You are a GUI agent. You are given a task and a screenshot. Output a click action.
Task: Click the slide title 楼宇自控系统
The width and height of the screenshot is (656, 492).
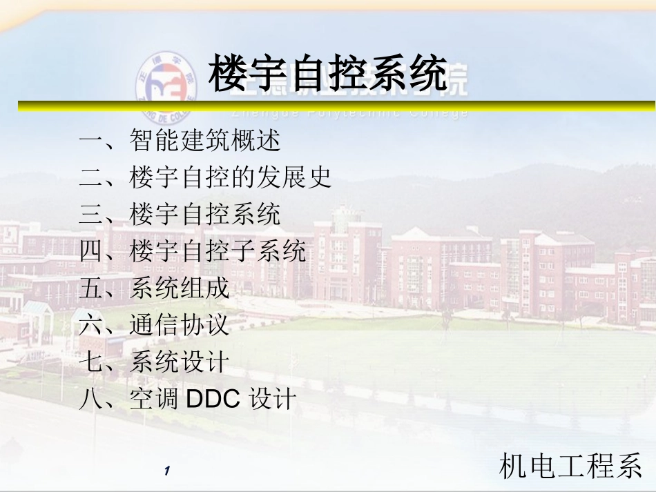(328, 75)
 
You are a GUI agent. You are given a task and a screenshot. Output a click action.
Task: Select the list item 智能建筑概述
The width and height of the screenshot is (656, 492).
(205, 141)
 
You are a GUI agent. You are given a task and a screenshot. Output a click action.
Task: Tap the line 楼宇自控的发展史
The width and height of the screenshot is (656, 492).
(231, 177)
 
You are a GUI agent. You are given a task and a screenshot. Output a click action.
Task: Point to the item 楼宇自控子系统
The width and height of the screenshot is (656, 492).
(218, 251)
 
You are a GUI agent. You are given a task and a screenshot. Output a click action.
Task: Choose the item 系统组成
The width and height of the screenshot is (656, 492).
(180, 288)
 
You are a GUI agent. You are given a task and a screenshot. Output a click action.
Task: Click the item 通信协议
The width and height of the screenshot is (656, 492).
(180, 324)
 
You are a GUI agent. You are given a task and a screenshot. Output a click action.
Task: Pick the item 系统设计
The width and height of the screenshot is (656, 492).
(180, 362)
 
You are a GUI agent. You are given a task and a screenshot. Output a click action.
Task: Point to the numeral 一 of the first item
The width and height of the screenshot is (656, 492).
(91, 141)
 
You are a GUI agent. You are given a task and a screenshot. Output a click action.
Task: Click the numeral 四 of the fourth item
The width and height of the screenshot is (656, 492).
(91, 251)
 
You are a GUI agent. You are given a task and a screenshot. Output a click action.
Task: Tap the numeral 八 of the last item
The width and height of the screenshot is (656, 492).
(91, 399)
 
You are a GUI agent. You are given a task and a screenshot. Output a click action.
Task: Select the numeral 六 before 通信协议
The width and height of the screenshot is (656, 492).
(91, 324)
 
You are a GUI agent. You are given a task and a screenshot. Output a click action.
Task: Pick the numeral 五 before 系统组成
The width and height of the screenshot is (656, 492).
(91, 288)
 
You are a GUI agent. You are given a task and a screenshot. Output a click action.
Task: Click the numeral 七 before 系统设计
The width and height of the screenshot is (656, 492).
(91, 362)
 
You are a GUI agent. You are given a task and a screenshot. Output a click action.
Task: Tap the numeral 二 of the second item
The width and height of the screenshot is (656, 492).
(91, 178)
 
